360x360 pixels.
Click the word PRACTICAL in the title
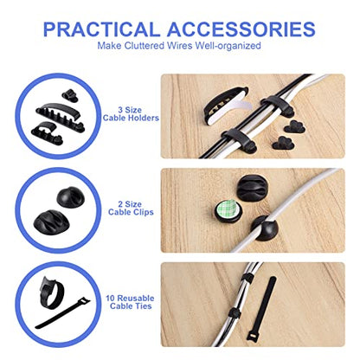pyautogui.click(x=101, y=29)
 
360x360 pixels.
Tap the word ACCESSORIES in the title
pyautogui.click(x=241, y=29)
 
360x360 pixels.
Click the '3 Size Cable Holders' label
pyautogui.click(x=131, y=114)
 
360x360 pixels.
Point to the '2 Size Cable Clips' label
pyautogui.click(x=131, y=209)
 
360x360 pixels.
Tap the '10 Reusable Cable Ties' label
pyautogui.click(x=130, y=302)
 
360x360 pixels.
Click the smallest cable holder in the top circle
pyautogui.click(x=70, y=95)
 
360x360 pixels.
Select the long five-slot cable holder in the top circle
pyautogui.click(x=61, y=117)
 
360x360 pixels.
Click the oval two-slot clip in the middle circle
pyautogui.click(x=52, y=222)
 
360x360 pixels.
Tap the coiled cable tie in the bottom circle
pyautogui.click(x=51, y=292)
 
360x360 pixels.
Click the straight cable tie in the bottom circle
pyautogui.click(x=62, y=313)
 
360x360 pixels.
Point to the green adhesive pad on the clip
pyautogui.click(x=228, y=210)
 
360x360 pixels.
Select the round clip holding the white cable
pyautogui.click(x=265, y=228)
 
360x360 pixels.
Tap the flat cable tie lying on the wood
pyautogui.click(x=261, y=311)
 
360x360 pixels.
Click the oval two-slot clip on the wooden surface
pyautogui.click(x=252, y=188)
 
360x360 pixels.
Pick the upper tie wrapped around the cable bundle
pyautogui.click(x=247, y=278)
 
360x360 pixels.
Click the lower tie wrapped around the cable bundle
pyautogui.click(x=235, y=313)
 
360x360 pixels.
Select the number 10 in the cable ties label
pyautogui.click(x=110, y=299)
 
